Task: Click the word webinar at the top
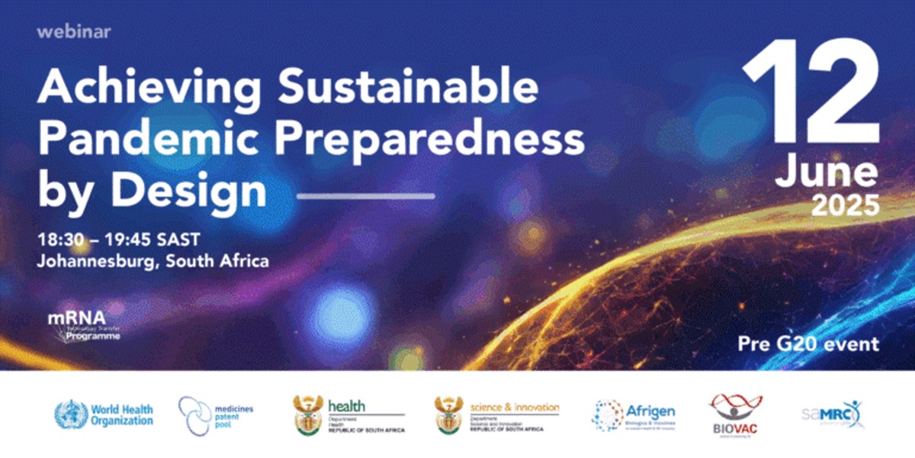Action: (x=74, y=32)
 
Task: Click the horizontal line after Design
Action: (x=365, y=196)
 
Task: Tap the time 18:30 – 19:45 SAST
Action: (x=119, y=239)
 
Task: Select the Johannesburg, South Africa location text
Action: (x=153, y=260)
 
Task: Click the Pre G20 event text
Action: (x=808, y=343)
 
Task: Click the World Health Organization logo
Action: (x=104, y=414)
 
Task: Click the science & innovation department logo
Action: (x=496, y=414)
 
